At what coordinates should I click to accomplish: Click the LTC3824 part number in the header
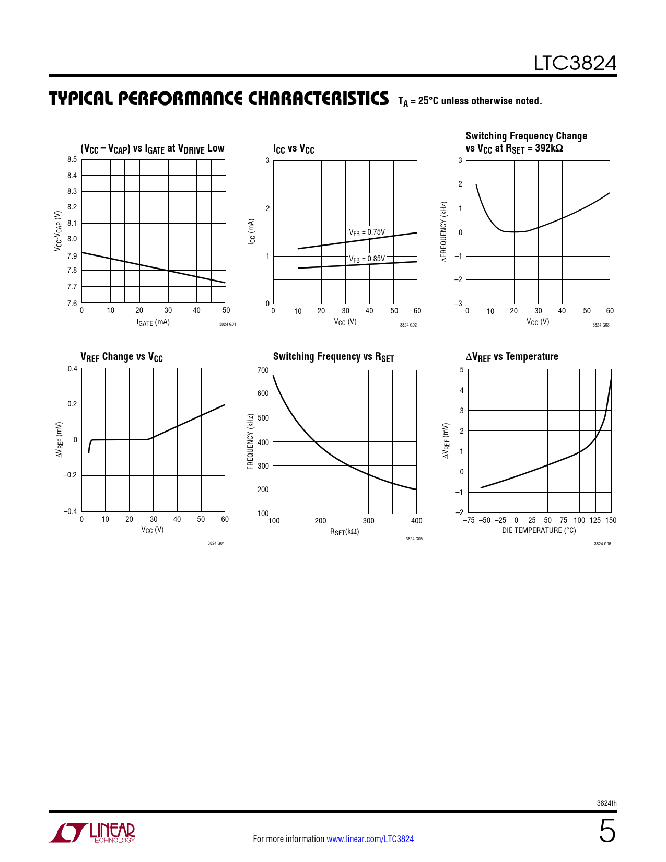coord(575,63)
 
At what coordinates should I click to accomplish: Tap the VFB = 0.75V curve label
coord(367,232)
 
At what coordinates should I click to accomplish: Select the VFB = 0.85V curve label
coord(367,259)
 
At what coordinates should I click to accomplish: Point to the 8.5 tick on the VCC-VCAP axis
coord(72,160)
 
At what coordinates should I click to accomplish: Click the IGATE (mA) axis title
coord(153,322)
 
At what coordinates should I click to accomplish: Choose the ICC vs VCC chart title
coord(294,149)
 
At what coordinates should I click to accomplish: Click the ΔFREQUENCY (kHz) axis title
coord(444,231)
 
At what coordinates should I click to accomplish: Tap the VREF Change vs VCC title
coord(122,357)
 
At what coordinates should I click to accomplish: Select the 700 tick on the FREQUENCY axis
coord(263,370)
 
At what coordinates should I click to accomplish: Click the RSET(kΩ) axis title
coord(344,532)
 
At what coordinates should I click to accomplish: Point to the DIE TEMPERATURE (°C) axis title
coord(539,530)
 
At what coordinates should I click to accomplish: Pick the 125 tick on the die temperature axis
coord(595,520)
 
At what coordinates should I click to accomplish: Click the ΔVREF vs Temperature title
coord(512,357)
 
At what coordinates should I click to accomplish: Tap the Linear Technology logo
coord(92,833)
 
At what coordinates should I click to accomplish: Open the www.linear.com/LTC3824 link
coord(370,839)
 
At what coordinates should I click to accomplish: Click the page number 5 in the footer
coord(606,831)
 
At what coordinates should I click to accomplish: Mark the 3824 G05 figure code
coord(414,539)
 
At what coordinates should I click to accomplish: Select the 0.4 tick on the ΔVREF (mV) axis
coord(72,369)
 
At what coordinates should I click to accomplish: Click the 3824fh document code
coord(606,803)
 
